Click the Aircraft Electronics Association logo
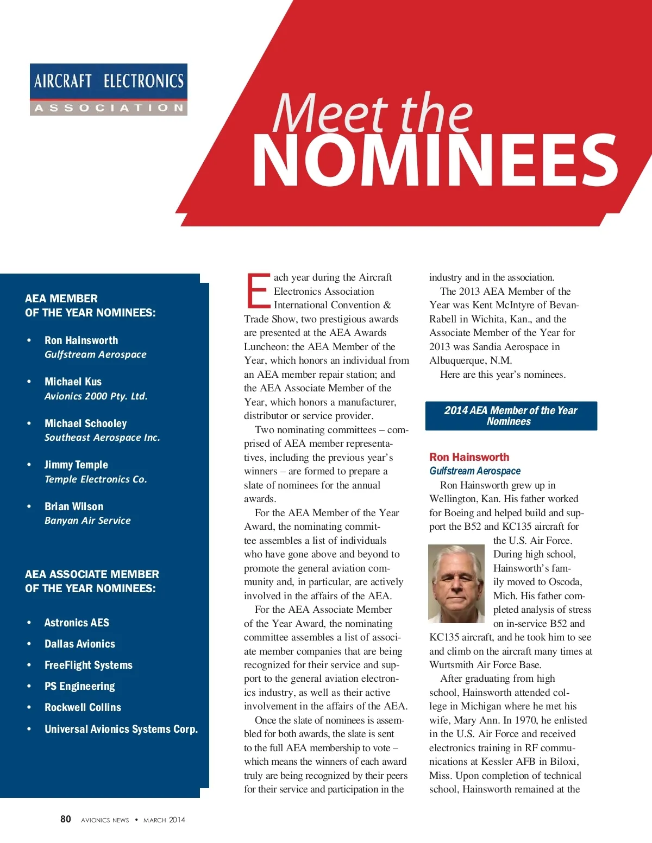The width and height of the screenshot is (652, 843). [108, 90]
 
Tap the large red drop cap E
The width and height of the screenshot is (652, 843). [258, 290]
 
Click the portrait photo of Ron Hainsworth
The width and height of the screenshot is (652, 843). [456, 584]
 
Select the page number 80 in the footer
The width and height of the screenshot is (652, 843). [66, 819]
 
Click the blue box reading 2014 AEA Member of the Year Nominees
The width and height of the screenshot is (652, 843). [511, 416]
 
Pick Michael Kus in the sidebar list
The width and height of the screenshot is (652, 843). [73, 382]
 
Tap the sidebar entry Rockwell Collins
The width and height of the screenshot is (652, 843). [83, 707]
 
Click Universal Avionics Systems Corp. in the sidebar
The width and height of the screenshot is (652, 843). [121, 729]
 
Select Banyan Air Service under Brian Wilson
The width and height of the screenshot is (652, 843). [87, 521]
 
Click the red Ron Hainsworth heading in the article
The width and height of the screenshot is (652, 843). [469, 457]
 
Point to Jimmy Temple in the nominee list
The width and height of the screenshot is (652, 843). [76, 465]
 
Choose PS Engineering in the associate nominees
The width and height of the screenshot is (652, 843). [79, 686]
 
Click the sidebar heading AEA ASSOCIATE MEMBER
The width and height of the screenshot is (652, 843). [92, 574]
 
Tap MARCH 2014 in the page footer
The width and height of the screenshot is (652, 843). [164, 820]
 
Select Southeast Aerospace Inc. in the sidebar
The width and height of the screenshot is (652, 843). [102, 438]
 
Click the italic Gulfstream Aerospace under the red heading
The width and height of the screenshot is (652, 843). [475, 471]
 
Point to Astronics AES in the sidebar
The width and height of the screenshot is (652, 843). [77, 623]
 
